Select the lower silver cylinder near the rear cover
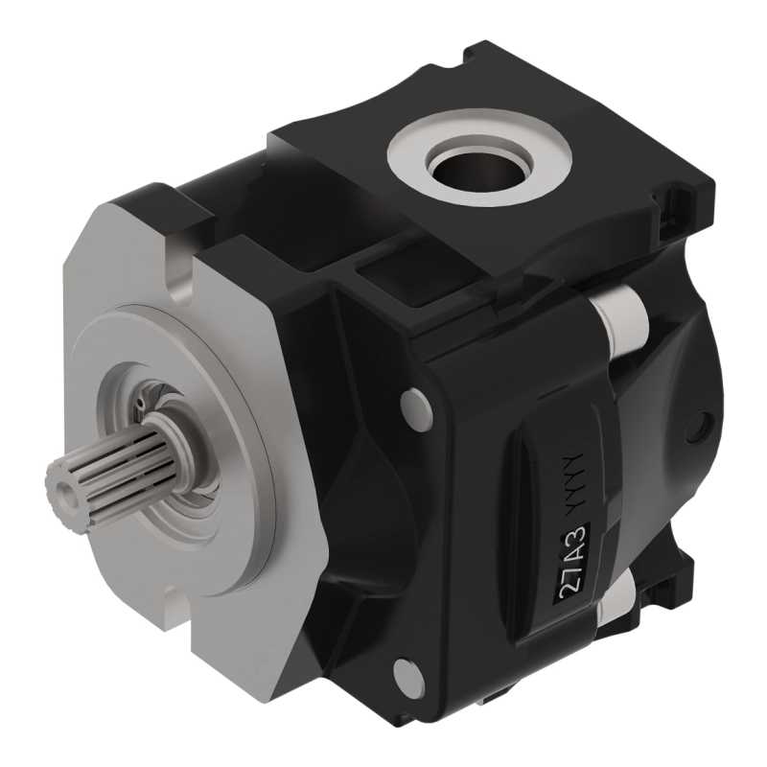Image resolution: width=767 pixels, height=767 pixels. [x=617, y=600]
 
